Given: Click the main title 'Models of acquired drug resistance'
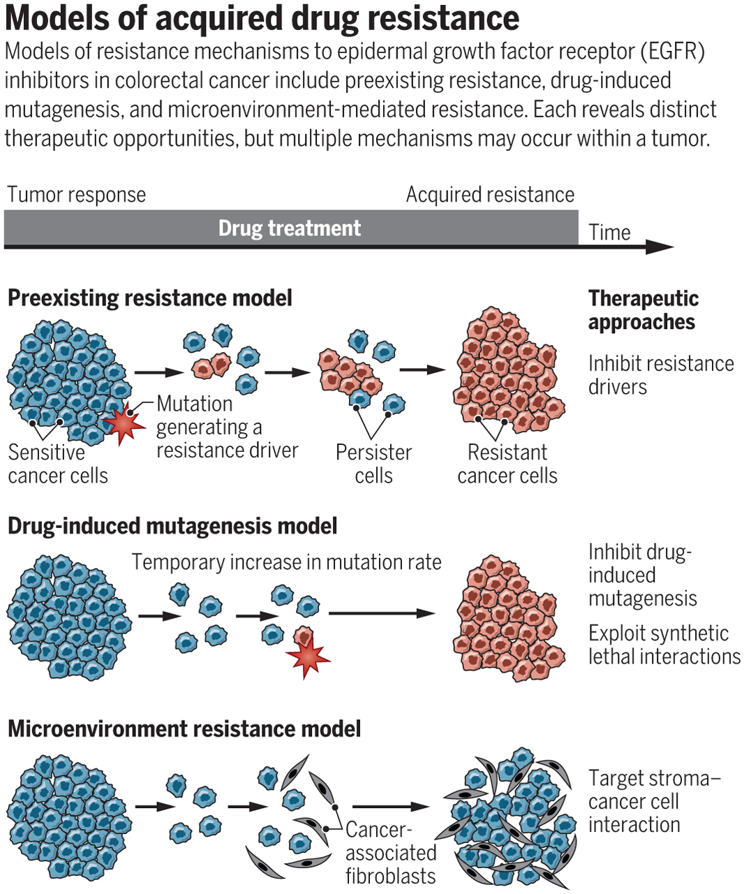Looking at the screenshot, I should click(x=262, y=19).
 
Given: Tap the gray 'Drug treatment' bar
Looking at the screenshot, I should click(x=290, y=228).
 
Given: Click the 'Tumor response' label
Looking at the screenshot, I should click(x=76, y=195).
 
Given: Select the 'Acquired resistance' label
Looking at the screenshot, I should click(x=490, y=195).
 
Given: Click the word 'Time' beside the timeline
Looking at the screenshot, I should click(x=609, y=233).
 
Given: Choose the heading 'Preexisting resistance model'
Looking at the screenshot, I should click(x=149, y=298).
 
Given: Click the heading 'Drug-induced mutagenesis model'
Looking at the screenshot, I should click(x=172, y=526).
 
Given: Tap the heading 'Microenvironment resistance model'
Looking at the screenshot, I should click(x=184, y=729).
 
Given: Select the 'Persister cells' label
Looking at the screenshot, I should click(x=373, y=464).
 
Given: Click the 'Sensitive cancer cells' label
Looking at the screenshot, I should click(x=58, y=464).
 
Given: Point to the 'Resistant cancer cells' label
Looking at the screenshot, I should click(x=507, y=464).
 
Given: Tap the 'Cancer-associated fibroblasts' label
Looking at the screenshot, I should click(x=390, y=853).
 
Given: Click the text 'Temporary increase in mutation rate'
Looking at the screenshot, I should click(x=286, y=562).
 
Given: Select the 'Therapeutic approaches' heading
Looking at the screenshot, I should click(x=642, y=310).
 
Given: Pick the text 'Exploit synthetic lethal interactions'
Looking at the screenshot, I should click(x=664, y=645).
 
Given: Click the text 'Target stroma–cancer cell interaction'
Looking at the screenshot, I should click(x=654, y=801).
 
